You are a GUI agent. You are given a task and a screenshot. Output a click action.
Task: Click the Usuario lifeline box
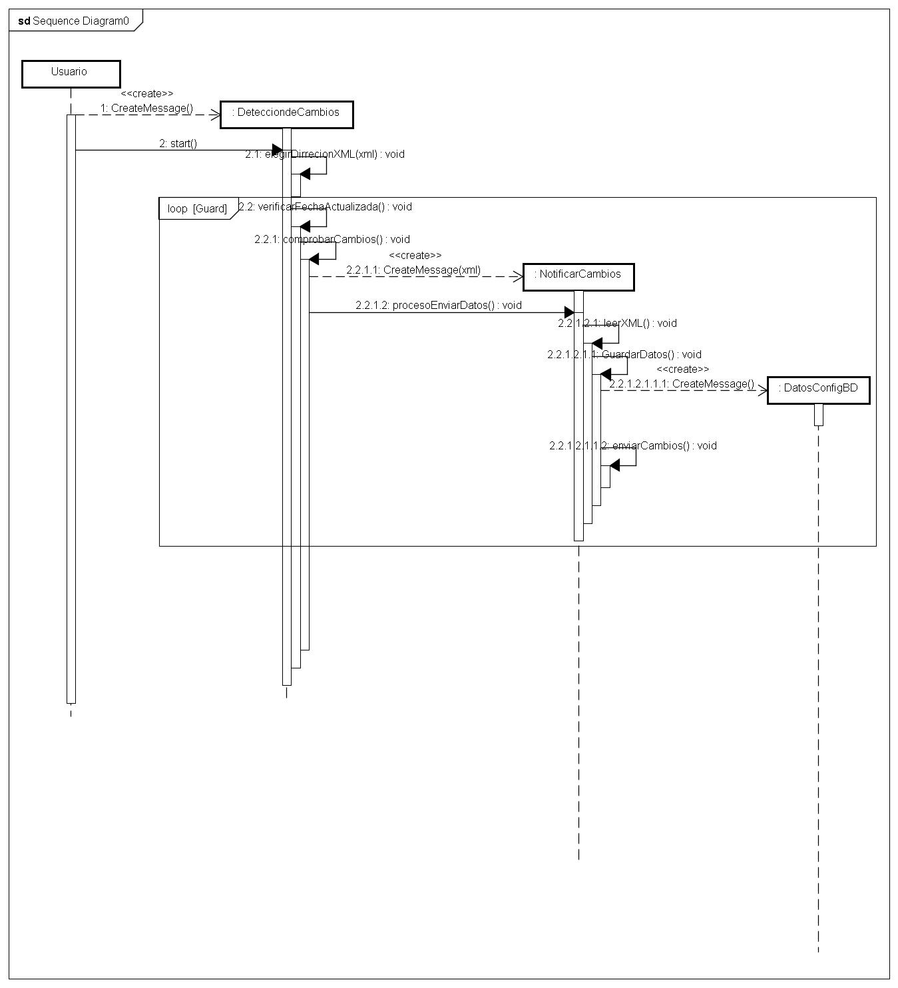[71, 73]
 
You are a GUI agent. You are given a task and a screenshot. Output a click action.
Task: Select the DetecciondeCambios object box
[286, 114]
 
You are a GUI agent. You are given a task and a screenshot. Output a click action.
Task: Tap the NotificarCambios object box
[578, 276]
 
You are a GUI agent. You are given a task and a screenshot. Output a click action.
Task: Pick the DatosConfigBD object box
[818, 389]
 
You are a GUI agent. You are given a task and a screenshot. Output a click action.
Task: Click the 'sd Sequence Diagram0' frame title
[74, 21]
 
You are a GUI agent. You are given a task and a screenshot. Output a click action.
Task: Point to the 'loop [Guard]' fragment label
[197, 208]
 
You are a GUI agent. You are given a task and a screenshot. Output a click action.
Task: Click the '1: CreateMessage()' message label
[146, 108]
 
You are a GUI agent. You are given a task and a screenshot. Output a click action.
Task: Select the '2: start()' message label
[178, 143]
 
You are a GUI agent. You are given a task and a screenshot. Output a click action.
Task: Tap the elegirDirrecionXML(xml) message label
[324, 154]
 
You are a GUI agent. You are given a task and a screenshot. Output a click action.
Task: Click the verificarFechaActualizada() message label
[325, 206]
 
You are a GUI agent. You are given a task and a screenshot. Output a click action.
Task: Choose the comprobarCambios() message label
[332, 239]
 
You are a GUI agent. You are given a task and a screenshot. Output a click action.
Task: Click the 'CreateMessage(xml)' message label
[413, 270]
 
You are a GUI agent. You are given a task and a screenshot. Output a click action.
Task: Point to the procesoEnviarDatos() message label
[438, 305]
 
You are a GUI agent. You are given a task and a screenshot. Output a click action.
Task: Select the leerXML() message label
[617, 323]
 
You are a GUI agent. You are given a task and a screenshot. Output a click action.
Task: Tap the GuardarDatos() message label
[624, 354]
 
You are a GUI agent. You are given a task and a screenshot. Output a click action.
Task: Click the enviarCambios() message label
[632, 445]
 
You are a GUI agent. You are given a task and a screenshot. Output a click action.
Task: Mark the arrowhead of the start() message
[277, 150]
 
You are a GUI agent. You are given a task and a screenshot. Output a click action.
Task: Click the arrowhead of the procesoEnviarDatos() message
[569, 312]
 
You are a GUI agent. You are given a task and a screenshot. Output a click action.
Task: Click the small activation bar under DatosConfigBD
[818, 414]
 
